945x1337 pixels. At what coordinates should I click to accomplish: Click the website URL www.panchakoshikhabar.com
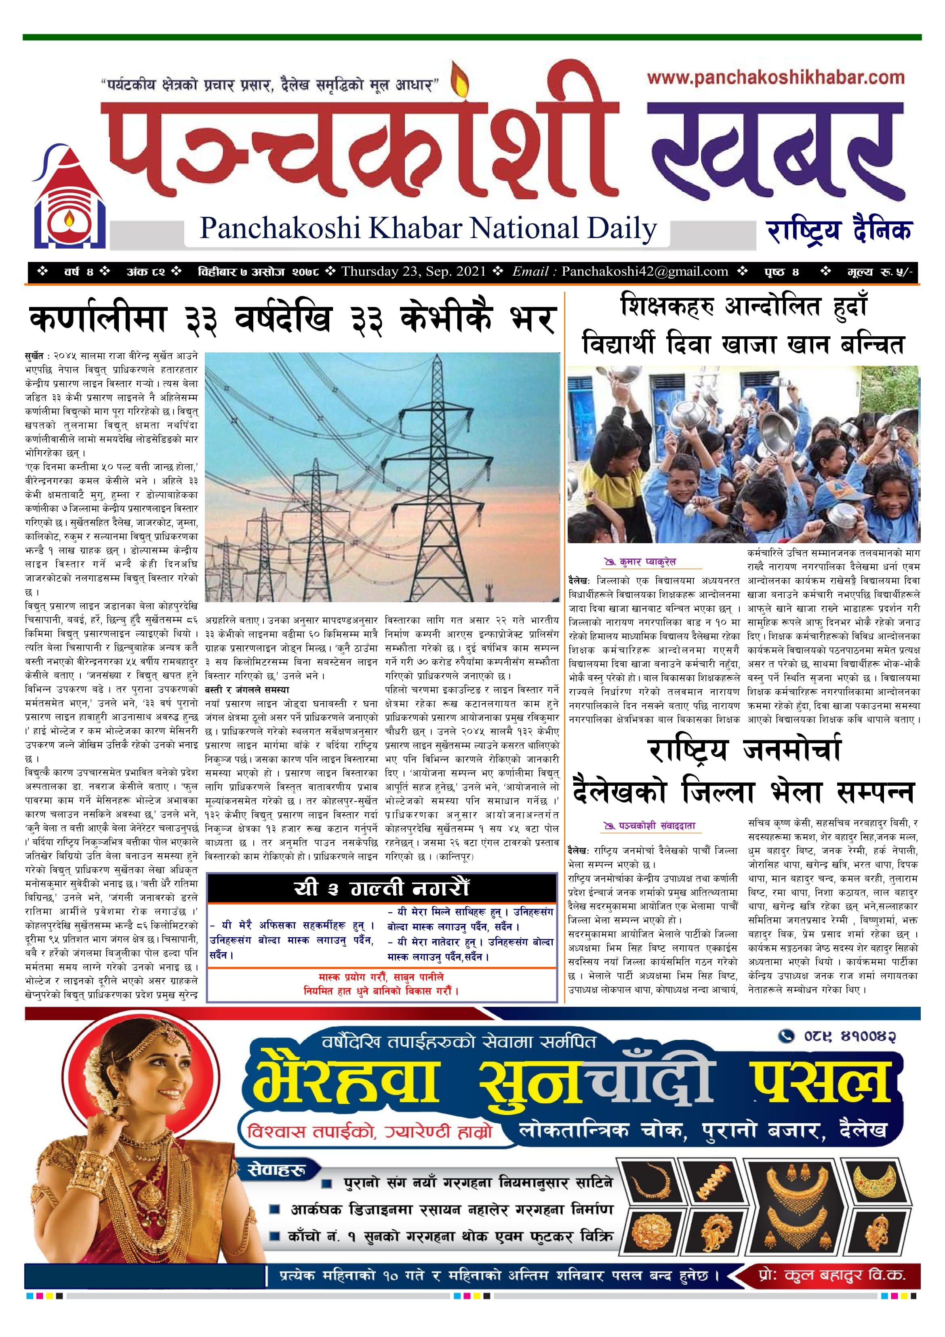pyautogui.click(x=775, y=78)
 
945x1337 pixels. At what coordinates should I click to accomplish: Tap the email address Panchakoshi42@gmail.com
pyautogui.click(x=644, y=271)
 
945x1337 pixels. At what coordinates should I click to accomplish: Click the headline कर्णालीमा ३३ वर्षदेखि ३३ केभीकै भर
pyautogui.click(x=291, y=320)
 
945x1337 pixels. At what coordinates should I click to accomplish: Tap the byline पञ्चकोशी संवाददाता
pyautogui.click(x=656, y=826)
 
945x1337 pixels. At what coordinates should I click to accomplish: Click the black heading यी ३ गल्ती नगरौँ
pyautogui.click(x=381, y=888)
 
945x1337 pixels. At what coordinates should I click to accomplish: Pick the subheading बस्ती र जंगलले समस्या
pyautogui.click(x=247, y=690)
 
